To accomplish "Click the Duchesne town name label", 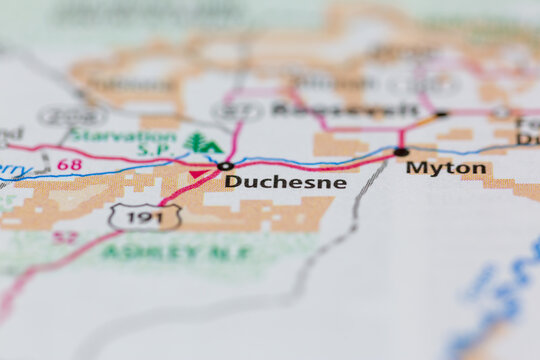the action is point(285,182).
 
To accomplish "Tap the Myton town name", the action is point(446,168).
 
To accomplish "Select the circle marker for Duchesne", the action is point(226,166).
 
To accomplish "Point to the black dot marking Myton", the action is point(401,152).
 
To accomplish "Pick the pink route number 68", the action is point(69,164).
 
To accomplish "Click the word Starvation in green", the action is point(123,135).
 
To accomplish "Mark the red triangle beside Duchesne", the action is point(197,174).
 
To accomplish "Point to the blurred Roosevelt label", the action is point(345,109).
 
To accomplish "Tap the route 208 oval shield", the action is point(72,116).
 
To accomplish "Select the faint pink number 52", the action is point(65,237).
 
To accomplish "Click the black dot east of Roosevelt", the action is point(441,114).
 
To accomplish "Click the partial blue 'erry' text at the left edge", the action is point(12,171).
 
